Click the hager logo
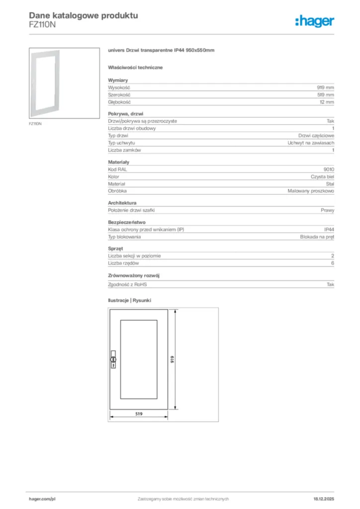[x=314, y=20]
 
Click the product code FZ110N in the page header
[x=42, y=24]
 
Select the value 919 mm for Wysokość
[x=325, y=87]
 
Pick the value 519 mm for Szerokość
[x=325, y=94]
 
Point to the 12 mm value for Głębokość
[x=326, y=102]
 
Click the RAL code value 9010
[x=329, y=170]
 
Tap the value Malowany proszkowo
[x=311, y=191]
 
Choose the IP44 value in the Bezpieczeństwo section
[x=329, y=230]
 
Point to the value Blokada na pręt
[x=317, y=237]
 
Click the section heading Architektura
[x=122, y=203]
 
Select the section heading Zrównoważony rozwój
[x=134, y=275]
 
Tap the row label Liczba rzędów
[x=123, y=263]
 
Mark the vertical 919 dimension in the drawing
[x=172, y=359]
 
